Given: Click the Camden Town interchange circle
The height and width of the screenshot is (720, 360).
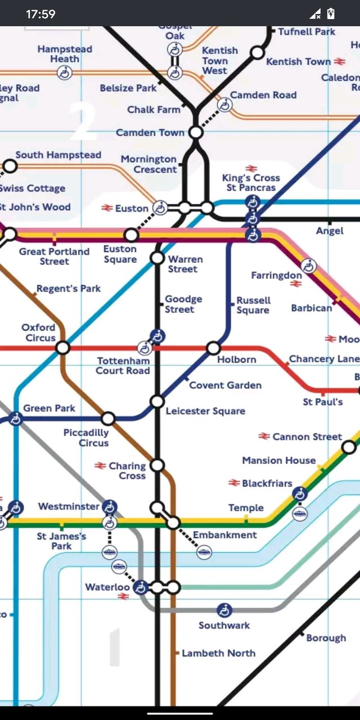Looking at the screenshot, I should coord(196,133).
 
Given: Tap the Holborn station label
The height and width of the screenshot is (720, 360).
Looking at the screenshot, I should coord(236,359).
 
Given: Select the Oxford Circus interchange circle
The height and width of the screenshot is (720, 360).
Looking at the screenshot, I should coord(63,348).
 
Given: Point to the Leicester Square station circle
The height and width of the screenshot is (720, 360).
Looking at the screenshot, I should coord(157,402).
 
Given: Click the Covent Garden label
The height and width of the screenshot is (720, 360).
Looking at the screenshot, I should coord(225,385).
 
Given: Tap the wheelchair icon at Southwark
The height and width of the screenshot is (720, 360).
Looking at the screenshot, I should coord(224,610).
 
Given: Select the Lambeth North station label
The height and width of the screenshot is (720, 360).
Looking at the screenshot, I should coord(218,653).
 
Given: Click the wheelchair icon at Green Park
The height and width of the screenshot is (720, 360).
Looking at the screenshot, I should coord(16,418).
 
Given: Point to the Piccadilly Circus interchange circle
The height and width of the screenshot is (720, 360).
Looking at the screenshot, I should coord(108,418).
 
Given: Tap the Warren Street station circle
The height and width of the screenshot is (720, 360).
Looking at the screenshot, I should coord(157,258).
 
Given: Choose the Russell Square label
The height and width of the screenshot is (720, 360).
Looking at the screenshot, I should coord(253,305).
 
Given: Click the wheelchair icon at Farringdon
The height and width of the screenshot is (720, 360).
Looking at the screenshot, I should coord(308,265).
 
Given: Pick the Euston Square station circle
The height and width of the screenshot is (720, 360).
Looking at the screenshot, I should coord(131,235).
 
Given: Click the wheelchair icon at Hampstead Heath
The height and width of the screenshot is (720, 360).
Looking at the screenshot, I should coord(65,72).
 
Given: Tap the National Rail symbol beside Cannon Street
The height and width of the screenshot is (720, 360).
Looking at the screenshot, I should coord(264,436).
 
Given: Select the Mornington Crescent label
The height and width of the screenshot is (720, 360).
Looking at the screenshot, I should coord(148,164).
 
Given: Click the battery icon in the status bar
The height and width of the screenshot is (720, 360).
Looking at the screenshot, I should coord(331,13).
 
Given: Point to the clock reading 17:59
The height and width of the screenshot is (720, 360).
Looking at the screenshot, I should coord(40,13).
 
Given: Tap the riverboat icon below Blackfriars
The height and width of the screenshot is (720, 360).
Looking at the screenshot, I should coord(300,514).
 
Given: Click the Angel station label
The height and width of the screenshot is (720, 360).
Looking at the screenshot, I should coord(330,231).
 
